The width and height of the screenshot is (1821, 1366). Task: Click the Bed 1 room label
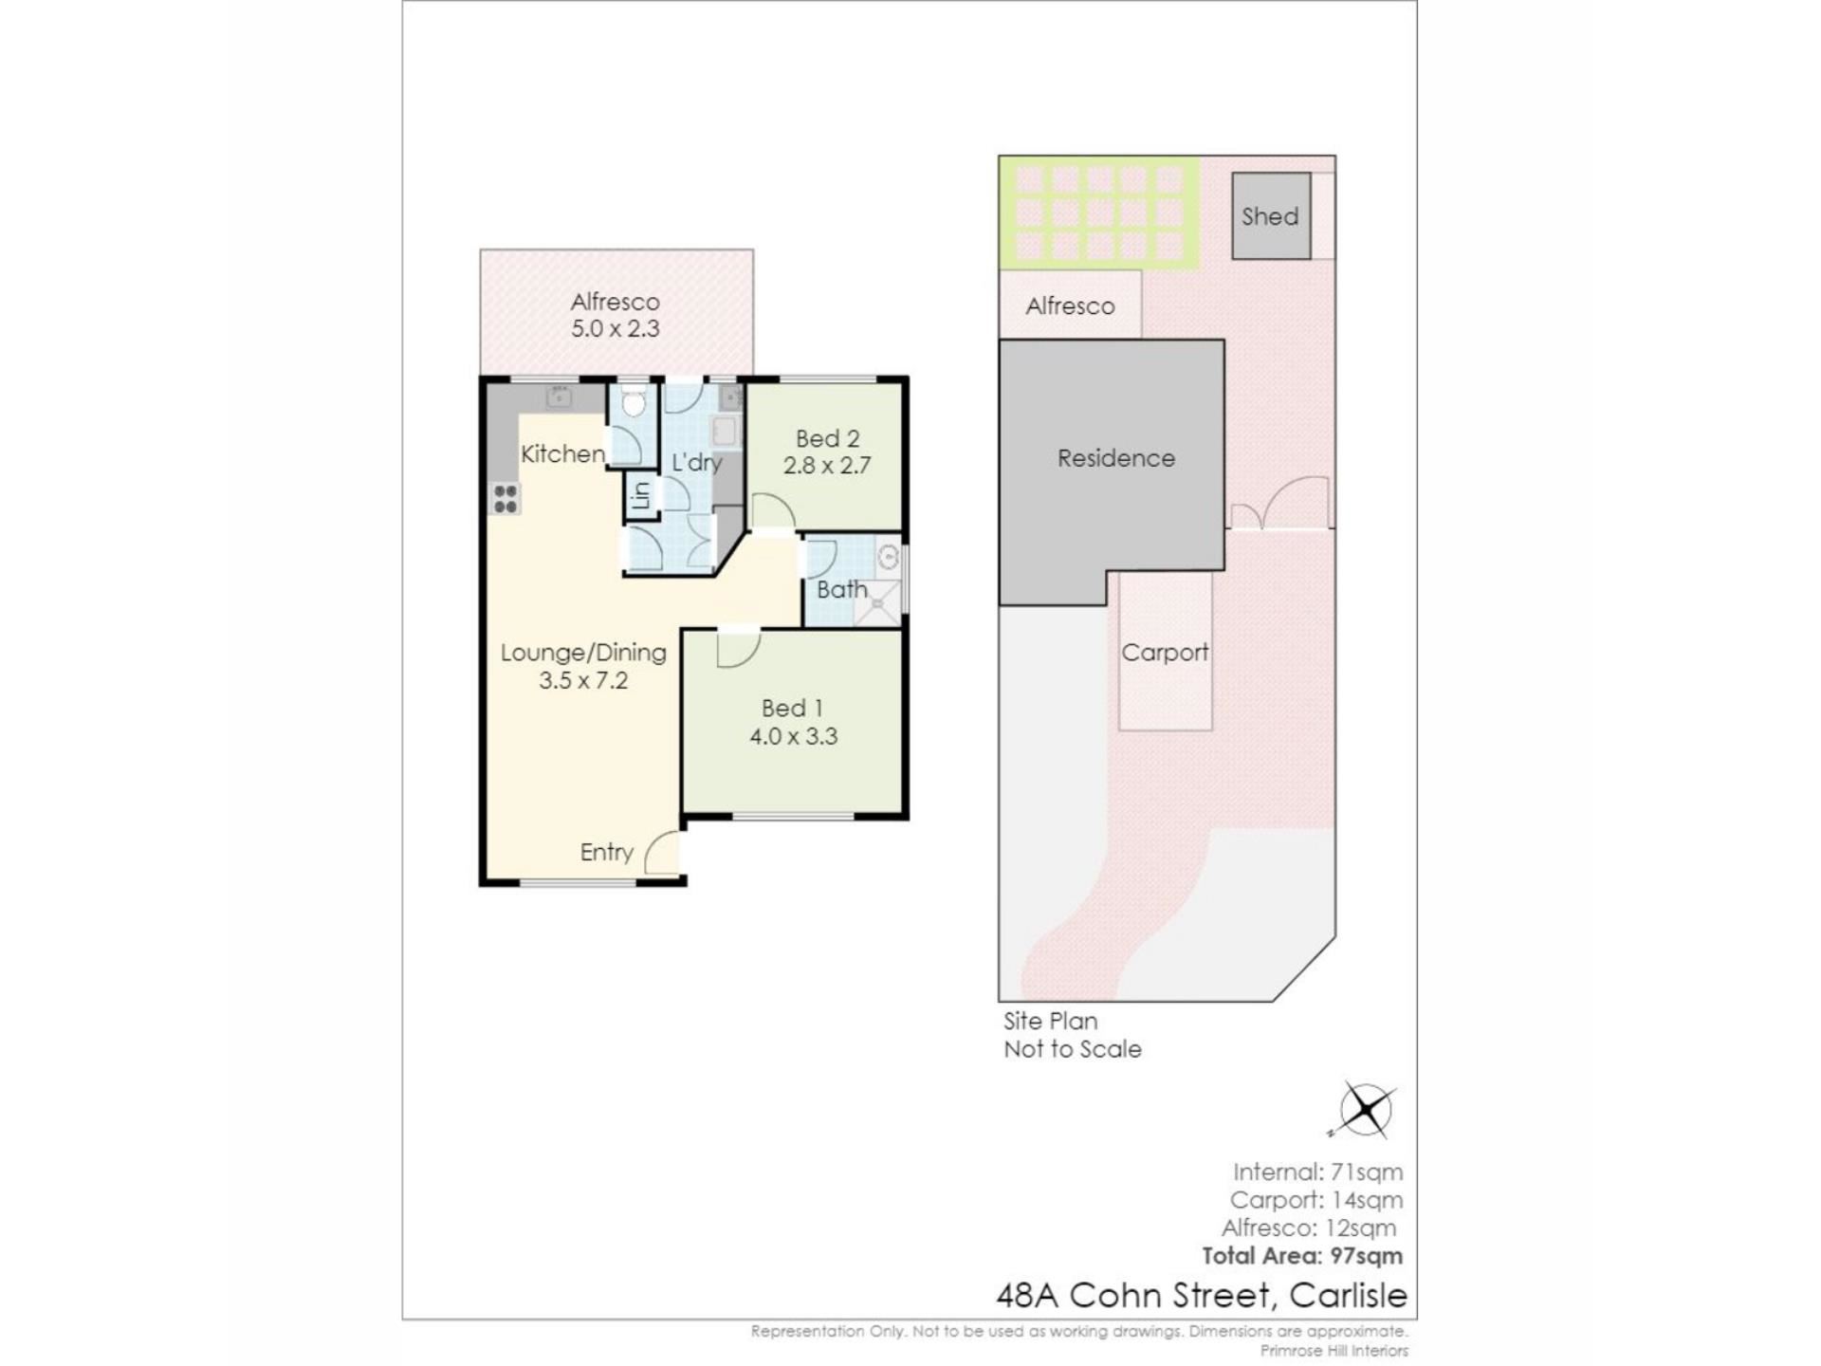pyautogui.click(x=792, y=708)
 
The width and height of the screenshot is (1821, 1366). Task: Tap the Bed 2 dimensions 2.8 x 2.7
pyautogui.click(x=827, y=465)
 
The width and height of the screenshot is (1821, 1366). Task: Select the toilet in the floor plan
pyautogui.click(x=633, y=399)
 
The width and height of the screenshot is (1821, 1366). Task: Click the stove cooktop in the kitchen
pyautogui.click(x=506, y=498)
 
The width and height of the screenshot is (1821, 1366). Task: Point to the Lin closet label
pyautogui.click(x=642, y=496)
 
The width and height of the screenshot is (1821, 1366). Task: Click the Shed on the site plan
pyautogui.click(x=1271, y=215)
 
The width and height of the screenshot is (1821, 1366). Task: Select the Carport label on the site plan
pyautogui.click(x=1165, y=653)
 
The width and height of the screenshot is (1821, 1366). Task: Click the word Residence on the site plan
pyautogui.click(x=1116, y=458)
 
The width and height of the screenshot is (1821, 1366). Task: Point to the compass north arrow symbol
pyautogui.click(x=1363, y=1109)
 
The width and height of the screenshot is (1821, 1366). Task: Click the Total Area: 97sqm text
pyautogui.click(x=1302, y=1256)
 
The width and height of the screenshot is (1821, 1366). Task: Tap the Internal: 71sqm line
pyautogui.click(x=1317, y=1172)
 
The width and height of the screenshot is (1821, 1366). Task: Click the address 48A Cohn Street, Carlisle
pyautogui.click(x=1202, y=1296)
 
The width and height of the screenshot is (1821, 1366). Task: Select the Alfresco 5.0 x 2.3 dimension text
pyautogui.click(x=615, y=328)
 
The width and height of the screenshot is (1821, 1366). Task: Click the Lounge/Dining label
pyautogui.click(x=583, y=653)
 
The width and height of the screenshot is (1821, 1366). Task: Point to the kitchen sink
pyautogui.click(x=559, y=397)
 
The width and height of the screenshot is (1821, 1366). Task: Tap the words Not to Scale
pyautogui.click(x=1073, y=1049)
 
